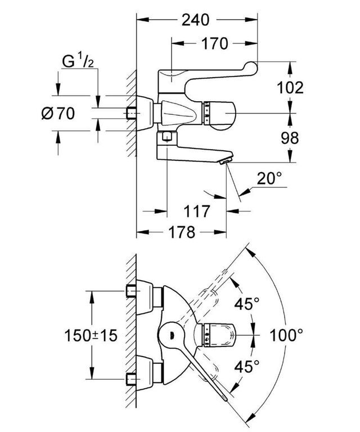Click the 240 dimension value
196,20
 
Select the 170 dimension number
215,43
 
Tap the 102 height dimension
290,88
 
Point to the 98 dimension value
290,138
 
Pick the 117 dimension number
197,211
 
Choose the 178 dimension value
182,232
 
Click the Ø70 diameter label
58,113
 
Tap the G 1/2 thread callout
78,61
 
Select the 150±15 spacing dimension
91,335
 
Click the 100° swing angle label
286,335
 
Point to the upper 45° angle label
247,304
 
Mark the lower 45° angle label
247,366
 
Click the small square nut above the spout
167,136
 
